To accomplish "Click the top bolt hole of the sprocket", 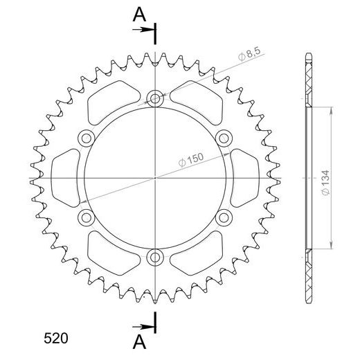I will coord(155,98).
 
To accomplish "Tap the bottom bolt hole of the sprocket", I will coord(155,259).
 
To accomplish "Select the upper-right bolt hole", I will coord(225,138).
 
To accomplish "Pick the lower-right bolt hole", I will coord(225,219).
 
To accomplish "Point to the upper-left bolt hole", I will coord(85,138).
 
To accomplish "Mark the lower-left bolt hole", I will coord(85,219).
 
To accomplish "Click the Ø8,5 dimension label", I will coord(247,57).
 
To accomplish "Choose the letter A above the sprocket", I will coord(139,13).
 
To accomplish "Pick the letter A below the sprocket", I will coord(139,341).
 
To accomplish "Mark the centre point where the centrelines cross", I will coord(155,178).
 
